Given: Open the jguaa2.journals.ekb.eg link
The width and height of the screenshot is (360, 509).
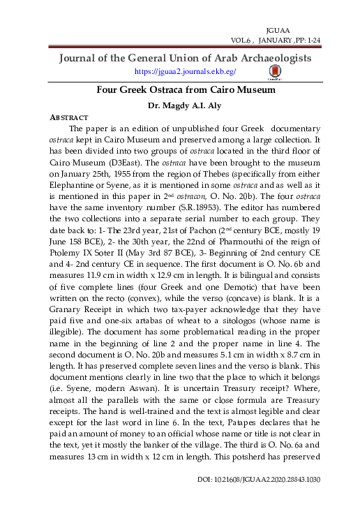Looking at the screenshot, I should (x=185, y=71).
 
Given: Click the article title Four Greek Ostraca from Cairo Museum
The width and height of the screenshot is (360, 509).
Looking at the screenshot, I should (x=186, y=90).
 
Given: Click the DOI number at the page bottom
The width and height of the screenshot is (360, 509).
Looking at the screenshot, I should (x=262, y=500).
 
